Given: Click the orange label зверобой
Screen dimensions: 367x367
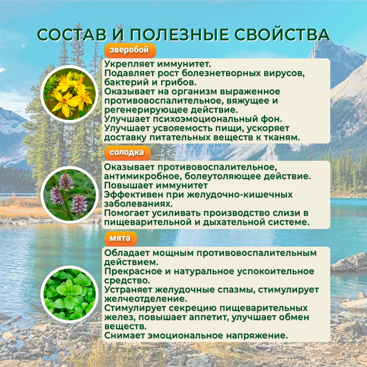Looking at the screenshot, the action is (x=130, y=50).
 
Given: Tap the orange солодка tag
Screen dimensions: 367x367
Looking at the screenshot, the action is (x=127, y=153).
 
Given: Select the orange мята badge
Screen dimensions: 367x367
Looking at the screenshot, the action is (x=120, y=239).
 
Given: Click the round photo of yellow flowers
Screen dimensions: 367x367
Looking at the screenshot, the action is (x=69, y=94).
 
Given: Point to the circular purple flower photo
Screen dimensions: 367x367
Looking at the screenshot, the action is (x=69, y=195).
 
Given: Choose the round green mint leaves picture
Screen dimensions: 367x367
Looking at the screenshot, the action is (x=69, y=294).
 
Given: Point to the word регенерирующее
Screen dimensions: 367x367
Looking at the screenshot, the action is (x=146, y=110).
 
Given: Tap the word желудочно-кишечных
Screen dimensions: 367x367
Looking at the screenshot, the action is (x=240, y=195).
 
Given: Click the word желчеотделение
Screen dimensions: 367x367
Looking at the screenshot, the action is (x=146, y=299).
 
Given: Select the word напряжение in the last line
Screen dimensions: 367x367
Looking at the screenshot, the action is (x=257, y=336).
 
